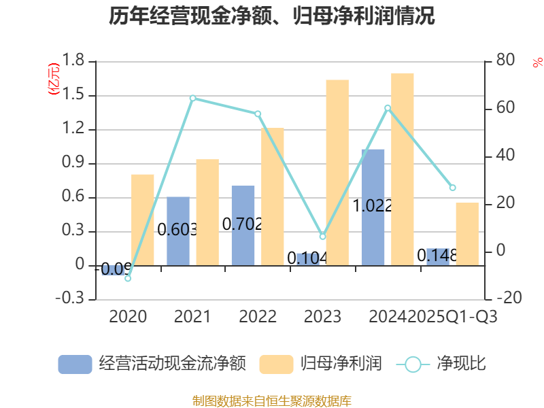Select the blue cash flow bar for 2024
coord(373,207)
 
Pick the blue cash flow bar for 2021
coord(178,231)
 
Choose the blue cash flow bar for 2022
coord(243,225)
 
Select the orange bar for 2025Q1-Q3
coord(467,234)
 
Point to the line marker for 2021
coord(193,98)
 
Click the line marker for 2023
coord(323,236)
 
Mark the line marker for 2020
coord(128,278)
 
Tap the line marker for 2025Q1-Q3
coord(453,188)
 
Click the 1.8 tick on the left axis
coord(74,61)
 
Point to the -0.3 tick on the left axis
coord(71,299)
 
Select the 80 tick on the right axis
coord(505,61)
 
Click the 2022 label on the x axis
coord(258,317)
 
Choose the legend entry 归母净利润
coord(320,364)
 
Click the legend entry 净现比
coord(441,364)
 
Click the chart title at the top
coord(272,16)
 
